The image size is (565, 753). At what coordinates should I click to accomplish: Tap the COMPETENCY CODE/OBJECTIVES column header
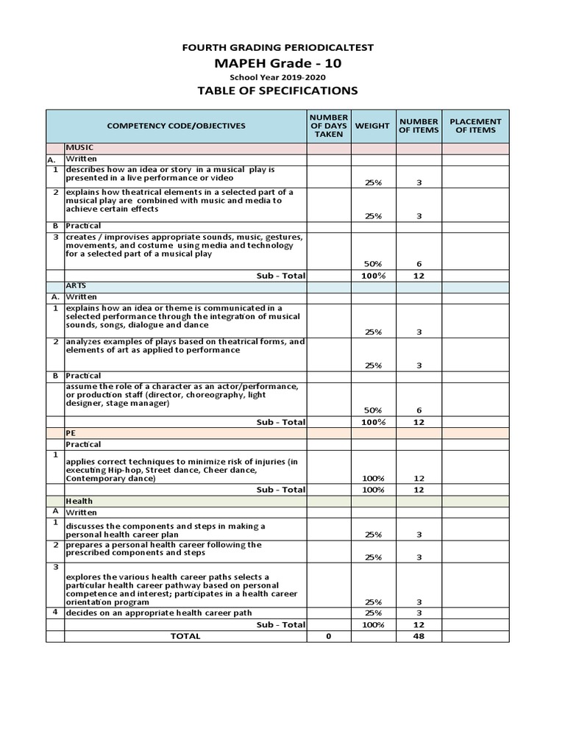coord(177,126)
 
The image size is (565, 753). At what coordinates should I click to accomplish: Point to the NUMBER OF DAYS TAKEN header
coord(329,126)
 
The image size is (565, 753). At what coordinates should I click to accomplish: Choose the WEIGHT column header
coord(373,126)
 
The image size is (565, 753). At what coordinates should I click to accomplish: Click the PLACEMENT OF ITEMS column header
coord(475,126)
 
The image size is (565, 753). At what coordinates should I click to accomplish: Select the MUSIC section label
coord(79,148)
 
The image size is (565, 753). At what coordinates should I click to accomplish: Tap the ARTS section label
coord(77,285)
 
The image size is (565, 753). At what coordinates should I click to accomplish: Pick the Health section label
coord(79,501)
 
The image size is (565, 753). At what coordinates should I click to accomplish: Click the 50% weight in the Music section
coord(373,263)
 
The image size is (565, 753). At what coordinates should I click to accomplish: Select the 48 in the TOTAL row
coord(419,636)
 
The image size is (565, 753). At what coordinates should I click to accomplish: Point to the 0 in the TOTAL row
coord(329,636)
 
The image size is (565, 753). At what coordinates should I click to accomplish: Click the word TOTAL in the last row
coord(185,636)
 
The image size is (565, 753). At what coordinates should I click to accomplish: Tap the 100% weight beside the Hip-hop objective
coord(373,479)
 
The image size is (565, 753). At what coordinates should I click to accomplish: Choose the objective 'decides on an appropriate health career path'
coord(159,613)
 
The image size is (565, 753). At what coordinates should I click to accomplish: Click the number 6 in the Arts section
coord(419,410)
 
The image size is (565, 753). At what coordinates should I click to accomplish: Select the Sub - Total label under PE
coord(280,489)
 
